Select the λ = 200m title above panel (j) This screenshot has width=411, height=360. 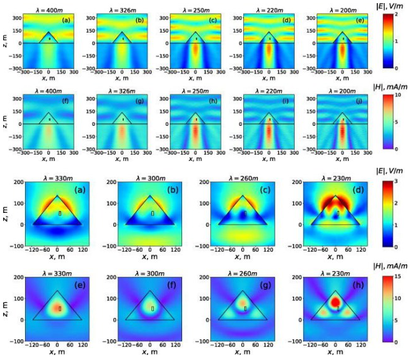(342, 87)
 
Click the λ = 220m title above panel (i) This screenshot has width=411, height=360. (269, 87)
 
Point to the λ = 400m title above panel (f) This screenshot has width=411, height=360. (49, 87)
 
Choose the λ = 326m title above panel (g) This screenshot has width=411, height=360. (122, 87)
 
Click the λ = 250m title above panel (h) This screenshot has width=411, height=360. (196, 87)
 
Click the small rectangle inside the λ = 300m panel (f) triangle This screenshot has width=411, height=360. (152, 309)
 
